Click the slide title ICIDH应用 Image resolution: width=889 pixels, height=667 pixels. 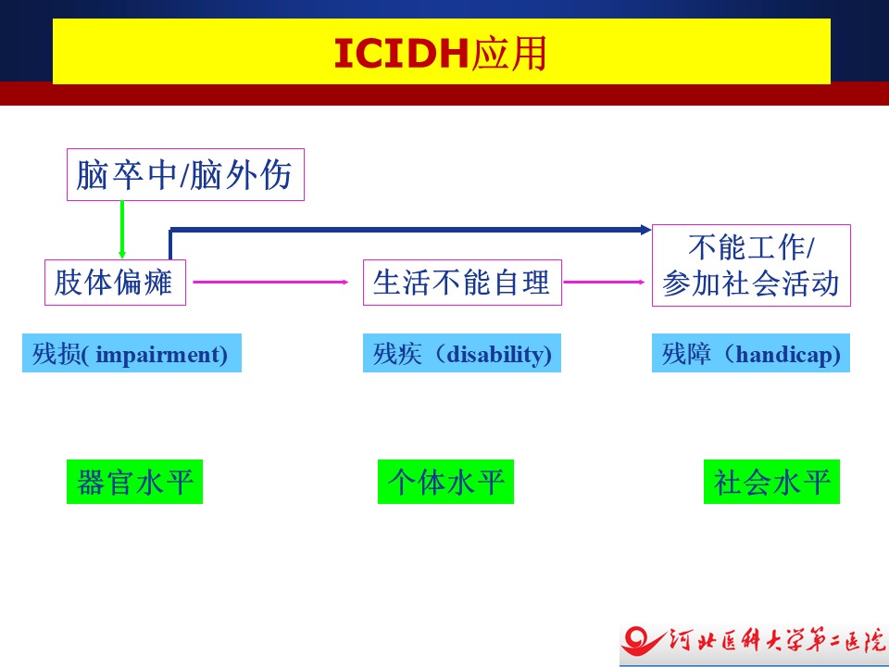(440, 54)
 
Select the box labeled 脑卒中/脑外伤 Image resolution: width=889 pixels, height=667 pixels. (185, 175)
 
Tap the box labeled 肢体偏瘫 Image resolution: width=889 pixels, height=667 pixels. (115, 283)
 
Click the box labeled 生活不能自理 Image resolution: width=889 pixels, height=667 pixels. (462, 283)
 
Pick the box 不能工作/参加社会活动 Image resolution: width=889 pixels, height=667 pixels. (751, 266)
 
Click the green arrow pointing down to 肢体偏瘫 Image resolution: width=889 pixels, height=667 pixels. (122, 230)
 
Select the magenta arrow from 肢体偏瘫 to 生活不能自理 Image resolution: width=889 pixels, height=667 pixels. (270, 282)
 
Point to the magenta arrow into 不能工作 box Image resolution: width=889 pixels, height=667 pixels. (605, 282)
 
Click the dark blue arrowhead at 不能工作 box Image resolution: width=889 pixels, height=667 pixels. (645, 230)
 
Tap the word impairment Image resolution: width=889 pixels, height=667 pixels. (161, 355)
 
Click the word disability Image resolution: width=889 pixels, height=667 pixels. (499, 355)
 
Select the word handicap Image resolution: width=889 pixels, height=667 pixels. (787, 355)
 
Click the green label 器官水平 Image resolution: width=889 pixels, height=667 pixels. (134, 482)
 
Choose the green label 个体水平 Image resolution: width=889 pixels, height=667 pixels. (445, 482)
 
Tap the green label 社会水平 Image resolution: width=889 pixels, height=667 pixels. (771, 482)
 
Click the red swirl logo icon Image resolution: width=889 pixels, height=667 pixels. (642, 641)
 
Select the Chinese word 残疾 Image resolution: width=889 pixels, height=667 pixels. (397, 355)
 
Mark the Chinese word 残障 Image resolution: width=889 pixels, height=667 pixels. (686, 355)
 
